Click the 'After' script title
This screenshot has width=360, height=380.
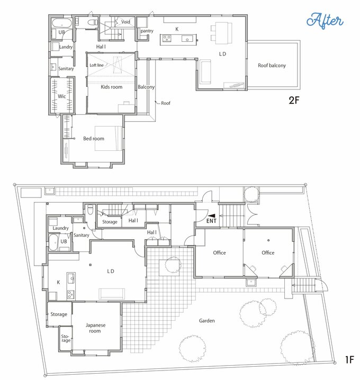(x=325, y=21)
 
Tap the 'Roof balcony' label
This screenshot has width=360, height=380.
(x=272, y=66)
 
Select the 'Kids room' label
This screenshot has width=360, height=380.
(x=112, y=87)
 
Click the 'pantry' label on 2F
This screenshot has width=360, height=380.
(x=147, y=31)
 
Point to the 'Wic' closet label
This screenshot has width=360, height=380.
(x=61, y=96)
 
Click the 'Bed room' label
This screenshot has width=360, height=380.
(x=94, y=139)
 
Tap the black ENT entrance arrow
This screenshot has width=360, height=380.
(x=212, y=215)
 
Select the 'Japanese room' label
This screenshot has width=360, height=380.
(x=95, y=328)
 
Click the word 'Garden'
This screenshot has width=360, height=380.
(x=207, y=321)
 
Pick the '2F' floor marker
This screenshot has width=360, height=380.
(x=294, y=100)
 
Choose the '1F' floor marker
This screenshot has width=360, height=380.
(x=350, y=360)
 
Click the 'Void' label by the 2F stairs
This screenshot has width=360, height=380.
(x=125, y=22)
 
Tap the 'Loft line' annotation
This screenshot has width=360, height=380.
(x=96, y=65)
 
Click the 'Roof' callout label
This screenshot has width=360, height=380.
(x=166, y=103)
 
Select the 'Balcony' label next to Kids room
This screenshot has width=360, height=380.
(x=146, y=87)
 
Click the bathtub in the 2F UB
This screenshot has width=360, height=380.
(x=62, y=24)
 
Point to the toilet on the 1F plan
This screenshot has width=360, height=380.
(x=90, y=210)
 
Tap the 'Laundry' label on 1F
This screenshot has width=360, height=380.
(x=60, y=228)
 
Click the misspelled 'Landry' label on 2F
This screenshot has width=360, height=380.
(x=66, y=47)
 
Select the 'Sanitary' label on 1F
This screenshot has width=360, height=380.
(x=82, y=235)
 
